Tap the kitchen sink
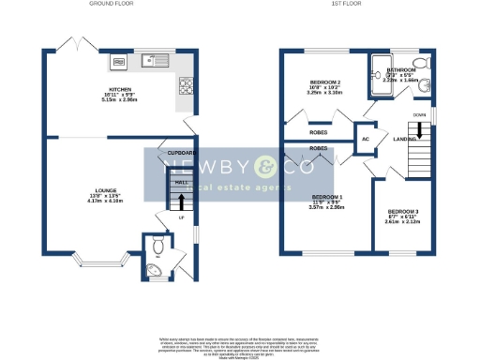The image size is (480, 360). pos(155,62)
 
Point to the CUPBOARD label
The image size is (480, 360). pos(181,152)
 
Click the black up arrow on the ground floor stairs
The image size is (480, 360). pos(181,199)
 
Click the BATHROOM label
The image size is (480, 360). pos(402,70)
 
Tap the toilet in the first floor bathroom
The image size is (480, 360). pos(419,63)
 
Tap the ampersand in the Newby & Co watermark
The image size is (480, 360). pos(266,167)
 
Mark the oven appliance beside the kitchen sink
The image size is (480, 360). pos(119,63)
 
